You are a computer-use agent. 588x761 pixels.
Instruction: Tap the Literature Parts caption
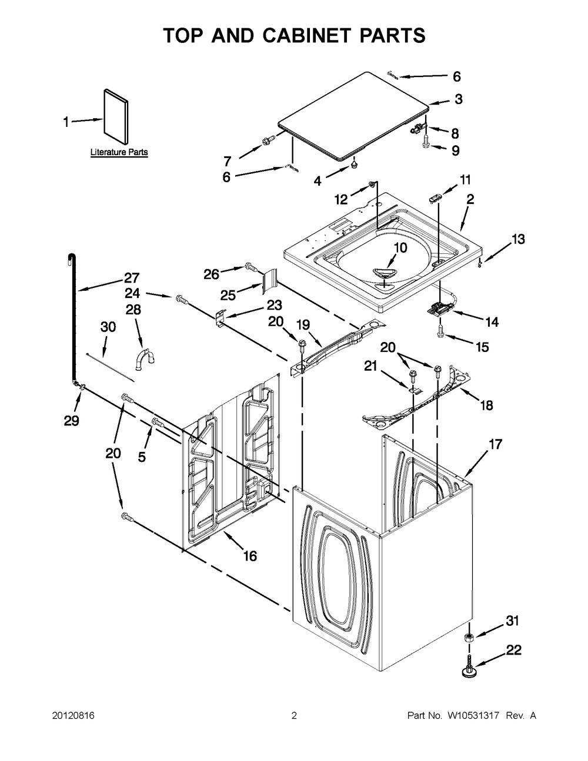119,152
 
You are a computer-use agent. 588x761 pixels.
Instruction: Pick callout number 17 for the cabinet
495,444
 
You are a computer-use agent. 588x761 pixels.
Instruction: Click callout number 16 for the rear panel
250,556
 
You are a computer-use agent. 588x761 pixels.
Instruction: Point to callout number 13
518,239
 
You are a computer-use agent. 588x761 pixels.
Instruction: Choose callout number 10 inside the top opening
400,248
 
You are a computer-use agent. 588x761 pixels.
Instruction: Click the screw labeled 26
250,268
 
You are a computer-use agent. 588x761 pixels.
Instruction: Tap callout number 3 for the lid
459,99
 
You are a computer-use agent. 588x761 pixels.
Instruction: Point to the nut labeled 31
470,639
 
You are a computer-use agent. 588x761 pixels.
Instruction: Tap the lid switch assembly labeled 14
441,307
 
